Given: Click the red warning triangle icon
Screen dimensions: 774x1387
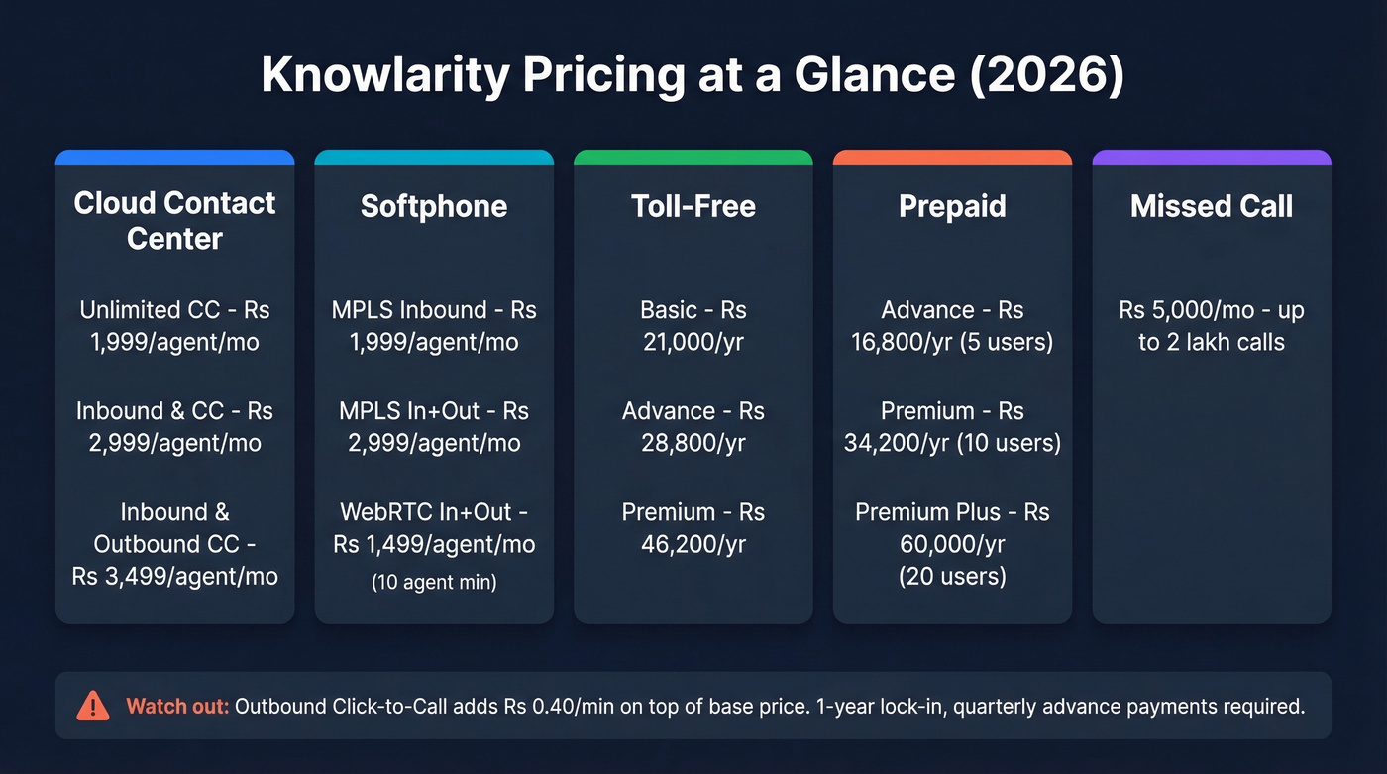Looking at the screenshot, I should (92, 706).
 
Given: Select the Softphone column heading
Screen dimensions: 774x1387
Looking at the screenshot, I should (434, 206).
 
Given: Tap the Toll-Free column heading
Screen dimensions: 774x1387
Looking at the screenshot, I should (693, 206).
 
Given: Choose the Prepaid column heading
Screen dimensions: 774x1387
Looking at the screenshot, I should (952, 206).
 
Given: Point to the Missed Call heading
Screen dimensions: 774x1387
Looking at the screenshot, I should (1212, 206).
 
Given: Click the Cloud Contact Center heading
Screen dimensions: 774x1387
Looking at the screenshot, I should (174, 221).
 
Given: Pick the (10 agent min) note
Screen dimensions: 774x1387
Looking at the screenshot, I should (434, 583).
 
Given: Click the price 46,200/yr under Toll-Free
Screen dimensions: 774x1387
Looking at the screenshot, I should (693, 544).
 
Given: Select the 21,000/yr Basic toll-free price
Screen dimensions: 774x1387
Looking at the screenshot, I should (693, 342).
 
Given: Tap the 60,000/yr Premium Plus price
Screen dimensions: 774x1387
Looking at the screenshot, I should (952, 544).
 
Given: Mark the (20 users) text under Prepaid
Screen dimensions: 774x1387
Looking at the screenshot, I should (952, 576).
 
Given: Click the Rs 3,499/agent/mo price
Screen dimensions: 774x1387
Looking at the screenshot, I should (174, 576).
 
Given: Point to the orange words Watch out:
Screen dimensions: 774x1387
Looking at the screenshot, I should (177, 707).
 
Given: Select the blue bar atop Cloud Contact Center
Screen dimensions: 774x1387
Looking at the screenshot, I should (174, 157).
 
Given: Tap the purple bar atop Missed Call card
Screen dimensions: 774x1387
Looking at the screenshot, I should (1212, 157).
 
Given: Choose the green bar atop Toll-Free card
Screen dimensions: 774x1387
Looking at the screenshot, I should (693, 157).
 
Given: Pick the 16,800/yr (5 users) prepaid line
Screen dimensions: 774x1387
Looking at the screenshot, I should (952, 342).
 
